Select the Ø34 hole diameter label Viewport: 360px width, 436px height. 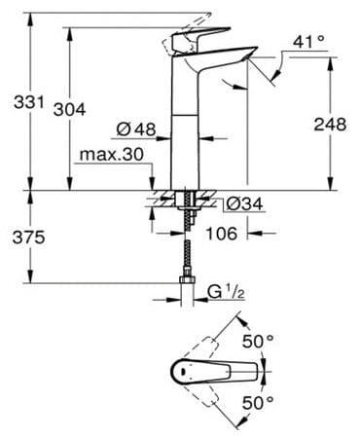(x=240, y=203)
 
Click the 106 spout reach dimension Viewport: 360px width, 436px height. (x=224, y=234)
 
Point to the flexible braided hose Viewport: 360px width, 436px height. (x=182, y=248)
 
